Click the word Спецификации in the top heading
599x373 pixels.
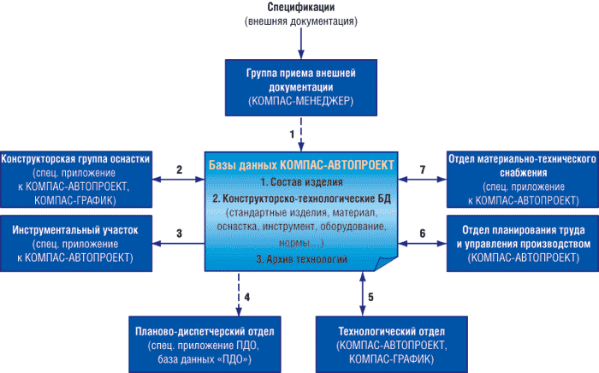pyautogui.click(x=299, y=8)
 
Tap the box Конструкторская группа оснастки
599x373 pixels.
pyautogui.click(x=77, y=177)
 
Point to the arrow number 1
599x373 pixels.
pyautogui.click(x=292, y=134)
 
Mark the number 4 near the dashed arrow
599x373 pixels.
pyautogui.click(x=246, y=297)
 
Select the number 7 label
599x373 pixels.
pyautogui.click(x=422, y=169)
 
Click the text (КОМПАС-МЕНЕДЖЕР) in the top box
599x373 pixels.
pyautogui.click(x=299, y=101)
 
